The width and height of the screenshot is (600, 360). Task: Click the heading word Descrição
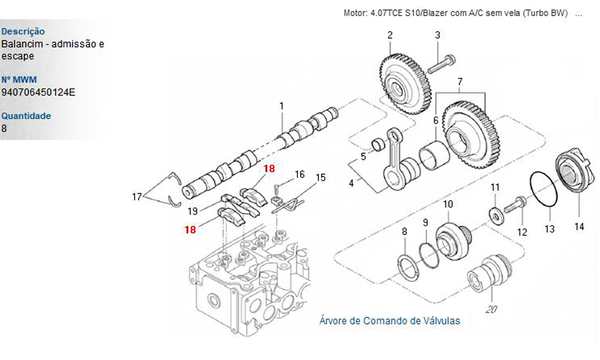[x=23, y=31]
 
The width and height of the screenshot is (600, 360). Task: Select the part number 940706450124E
[x=38, y=92]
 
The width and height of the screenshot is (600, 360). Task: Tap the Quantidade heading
[x=26, y=116]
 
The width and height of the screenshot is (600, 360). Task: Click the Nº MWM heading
[x=19, y=80]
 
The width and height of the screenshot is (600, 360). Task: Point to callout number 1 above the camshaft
[x=281, y=106]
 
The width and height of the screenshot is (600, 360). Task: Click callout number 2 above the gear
[x=389, y=35]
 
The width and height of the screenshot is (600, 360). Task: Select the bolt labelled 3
[x=441, y=65]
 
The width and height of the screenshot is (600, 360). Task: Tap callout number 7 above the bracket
[x=460, y=82]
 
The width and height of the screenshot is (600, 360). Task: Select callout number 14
[x=579, y=226]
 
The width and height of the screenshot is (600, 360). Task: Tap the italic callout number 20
[x=491, y=309]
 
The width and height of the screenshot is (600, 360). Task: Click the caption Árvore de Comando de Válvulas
[x=389, y=320]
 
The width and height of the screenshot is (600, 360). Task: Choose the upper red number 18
[x=269, y=169]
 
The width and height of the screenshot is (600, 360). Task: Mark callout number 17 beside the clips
[x=137, y=197]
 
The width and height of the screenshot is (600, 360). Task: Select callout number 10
[x=448, y=204]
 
